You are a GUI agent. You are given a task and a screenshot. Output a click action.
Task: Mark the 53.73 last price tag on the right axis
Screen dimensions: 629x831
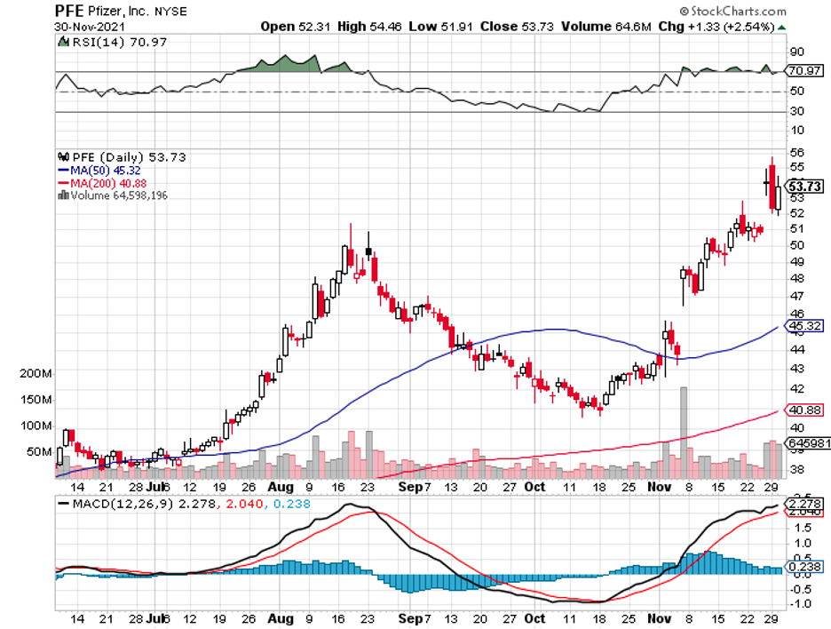[804, 187]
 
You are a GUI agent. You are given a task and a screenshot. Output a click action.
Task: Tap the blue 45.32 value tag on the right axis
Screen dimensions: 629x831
[802, 325]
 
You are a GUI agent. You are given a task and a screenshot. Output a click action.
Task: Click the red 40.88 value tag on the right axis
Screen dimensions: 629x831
[802, 410]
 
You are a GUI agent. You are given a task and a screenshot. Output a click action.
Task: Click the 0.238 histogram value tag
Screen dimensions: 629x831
[802, 567]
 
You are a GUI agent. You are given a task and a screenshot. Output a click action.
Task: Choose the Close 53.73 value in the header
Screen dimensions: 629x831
[518, 26]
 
